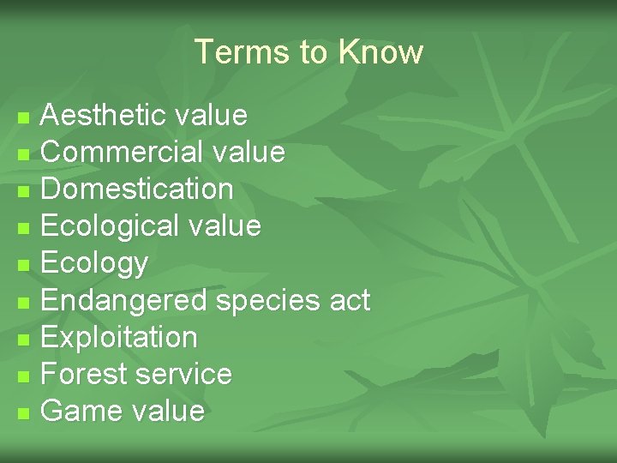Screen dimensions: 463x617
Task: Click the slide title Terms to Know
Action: click(308, 52)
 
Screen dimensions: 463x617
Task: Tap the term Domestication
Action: click(137, 189)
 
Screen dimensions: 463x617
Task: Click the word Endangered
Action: click(124, 301)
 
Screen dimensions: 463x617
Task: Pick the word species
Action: click(268, 301)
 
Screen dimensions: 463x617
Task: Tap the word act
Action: click(350, 301)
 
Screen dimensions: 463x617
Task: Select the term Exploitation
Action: click(119, 337)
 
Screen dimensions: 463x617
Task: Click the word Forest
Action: click(81, 374)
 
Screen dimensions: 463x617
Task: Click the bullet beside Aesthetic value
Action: click(24, 116)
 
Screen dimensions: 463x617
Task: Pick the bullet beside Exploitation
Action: click(24, 339)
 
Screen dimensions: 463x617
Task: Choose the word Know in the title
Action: click(380, 52)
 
